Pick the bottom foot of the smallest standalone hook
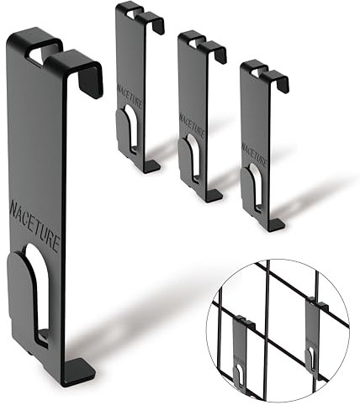(273, 224)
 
